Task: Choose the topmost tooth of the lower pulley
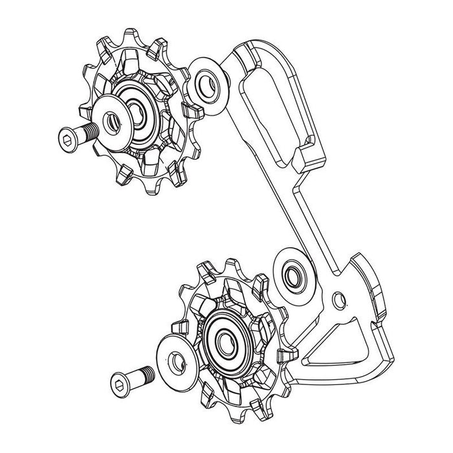point(208,267)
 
